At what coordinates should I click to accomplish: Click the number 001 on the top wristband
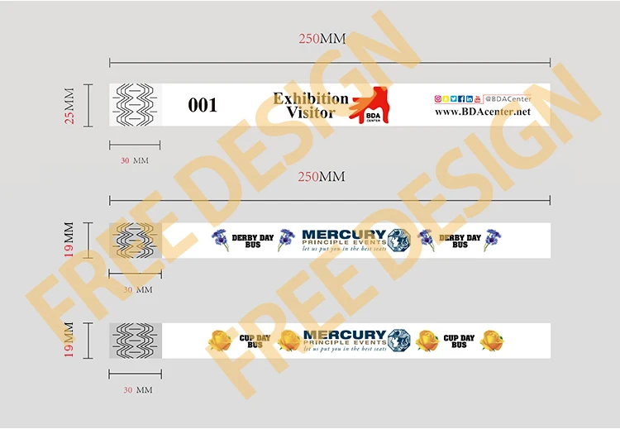(203, 105)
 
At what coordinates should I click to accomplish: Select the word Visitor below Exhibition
(310, 112)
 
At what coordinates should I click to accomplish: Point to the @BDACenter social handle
(508, 98)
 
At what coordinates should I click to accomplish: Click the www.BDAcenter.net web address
(482, 112)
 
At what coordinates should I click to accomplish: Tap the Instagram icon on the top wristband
(437, 98)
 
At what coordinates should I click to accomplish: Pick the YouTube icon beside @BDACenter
(477, 98)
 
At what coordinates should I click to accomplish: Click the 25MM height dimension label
(69, 106)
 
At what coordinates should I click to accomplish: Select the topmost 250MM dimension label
(322, 40)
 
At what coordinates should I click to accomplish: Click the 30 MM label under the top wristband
(134, 160)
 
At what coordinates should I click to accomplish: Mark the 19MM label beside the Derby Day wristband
(69, 240)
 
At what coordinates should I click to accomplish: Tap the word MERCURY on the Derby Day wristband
(344, 235)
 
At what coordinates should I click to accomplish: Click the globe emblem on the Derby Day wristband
(399, 241)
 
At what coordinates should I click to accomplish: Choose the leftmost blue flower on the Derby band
(220, 240)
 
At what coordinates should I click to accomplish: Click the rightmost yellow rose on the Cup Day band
(491, 341)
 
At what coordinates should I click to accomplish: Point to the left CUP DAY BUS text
(255, 341)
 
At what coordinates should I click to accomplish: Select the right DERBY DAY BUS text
(460, 241)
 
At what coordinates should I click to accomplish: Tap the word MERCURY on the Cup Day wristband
(344, 335)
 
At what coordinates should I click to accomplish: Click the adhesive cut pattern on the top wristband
(135, 105)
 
